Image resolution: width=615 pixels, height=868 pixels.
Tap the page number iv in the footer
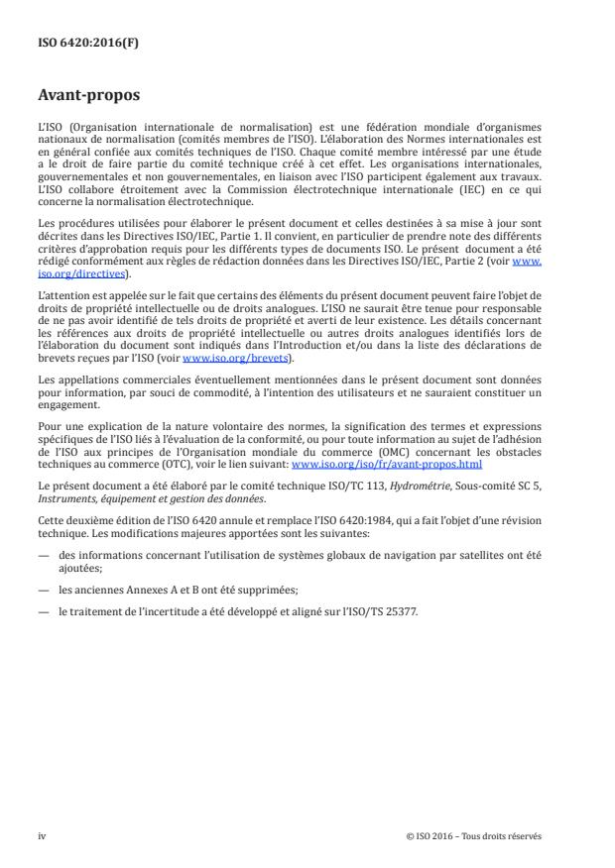(42, 835)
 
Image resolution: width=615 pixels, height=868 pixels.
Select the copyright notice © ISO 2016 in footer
(474, 835)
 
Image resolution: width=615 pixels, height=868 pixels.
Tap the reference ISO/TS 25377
(392, 612)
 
